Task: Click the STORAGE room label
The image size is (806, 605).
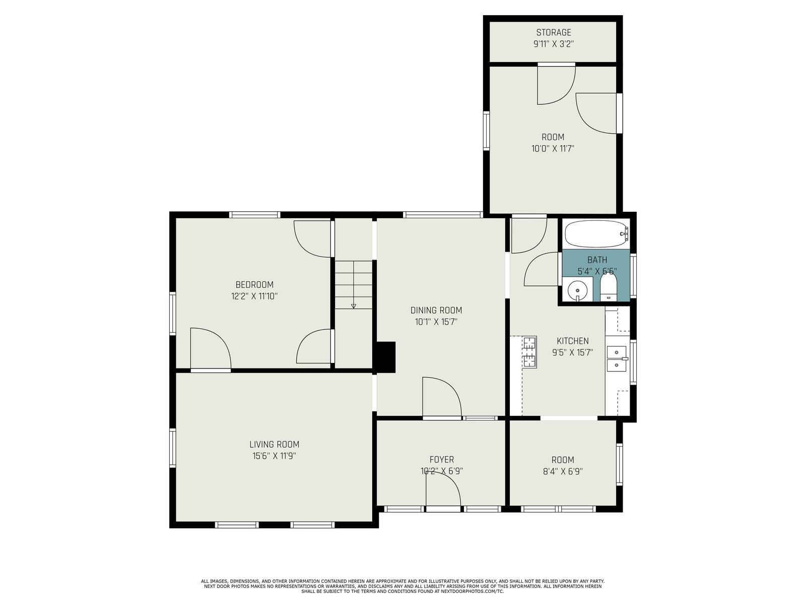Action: [x=553, y=32]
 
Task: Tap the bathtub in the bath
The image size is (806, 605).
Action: [x=596, y=233]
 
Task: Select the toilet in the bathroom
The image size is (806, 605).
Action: [x=609, y=287]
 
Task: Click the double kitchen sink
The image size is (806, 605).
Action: [x=617, y=358]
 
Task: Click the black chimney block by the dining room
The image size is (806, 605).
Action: [x=384, y=357]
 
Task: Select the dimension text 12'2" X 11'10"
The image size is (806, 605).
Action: [x=254, y=296]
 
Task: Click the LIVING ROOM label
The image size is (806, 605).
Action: [x=275, y=445]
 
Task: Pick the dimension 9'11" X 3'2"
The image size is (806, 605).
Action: [x=553, y=44]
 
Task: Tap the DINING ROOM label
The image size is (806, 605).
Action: [x=436, y=311]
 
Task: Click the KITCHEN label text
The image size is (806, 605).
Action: [x=573, y=341]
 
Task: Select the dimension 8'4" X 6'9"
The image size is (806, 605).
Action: [x=563, y=471]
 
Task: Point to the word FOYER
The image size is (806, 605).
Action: [x=442, y=459]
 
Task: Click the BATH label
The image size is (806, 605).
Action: [x=597, y=260]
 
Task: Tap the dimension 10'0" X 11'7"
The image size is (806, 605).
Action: [x=553, y=149]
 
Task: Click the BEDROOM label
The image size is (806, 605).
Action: [x=254, y=285]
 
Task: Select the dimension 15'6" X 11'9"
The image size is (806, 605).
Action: [x=275, y=456]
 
